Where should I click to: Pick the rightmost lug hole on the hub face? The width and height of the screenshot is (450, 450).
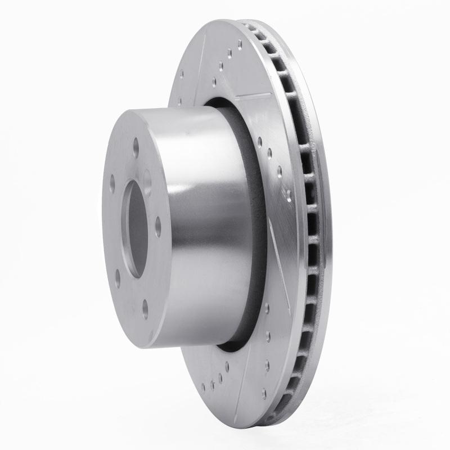[x=158, y=226]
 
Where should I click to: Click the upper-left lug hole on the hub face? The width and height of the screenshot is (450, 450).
[x=112, y=183]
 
